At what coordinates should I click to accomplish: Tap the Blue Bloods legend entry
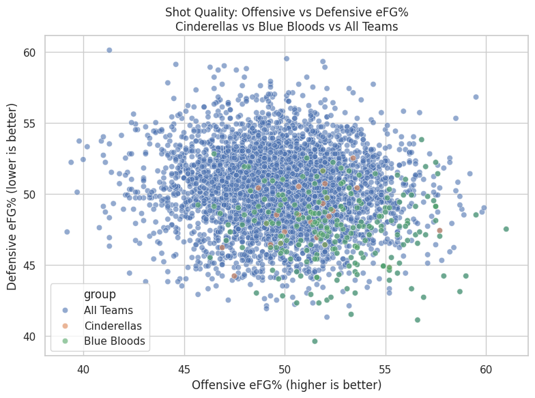coord(115,340)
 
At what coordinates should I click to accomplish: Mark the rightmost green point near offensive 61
coord(506,229)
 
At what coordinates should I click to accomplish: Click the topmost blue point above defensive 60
coord(109,50)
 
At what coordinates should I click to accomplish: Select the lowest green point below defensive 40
coord(315,341)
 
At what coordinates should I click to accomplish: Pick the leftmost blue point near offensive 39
coord(67,231)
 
